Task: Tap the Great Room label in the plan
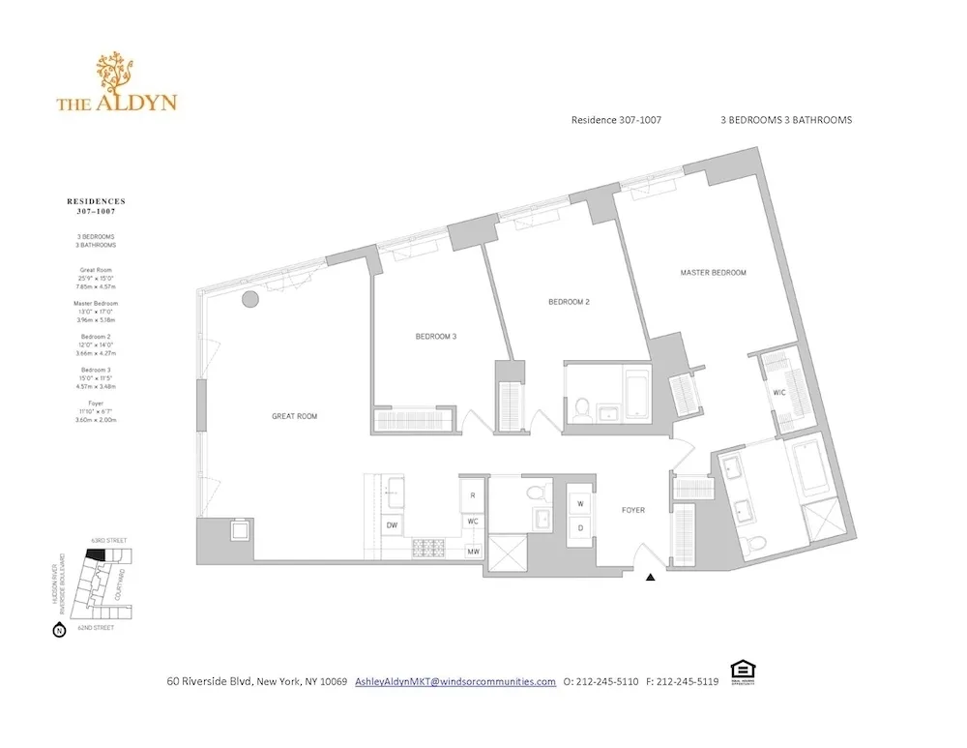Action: (x=294, y=416)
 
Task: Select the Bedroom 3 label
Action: (x=435, y=336)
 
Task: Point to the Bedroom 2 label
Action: (x=569, y=302)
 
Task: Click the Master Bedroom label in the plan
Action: (x=713, y=273)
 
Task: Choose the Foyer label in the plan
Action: (x=633, y=510)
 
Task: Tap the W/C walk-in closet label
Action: (x=779, y=392)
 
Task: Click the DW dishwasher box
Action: (x=393, y=525)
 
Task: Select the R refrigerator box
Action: (x=472, y=494)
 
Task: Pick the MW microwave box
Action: (x=473, y=552)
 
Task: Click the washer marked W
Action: (x=581, y=504)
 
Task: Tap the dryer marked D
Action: (x=581, y=528)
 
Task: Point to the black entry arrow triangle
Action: (x=651, y=578)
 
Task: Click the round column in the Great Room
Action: (x=250, y=298)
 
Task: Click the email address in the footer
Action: (x=455, y=681)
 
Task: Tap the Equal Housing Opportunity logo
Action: (x=743, y=671)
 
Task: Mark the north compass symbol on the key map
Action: (x=58, y=631)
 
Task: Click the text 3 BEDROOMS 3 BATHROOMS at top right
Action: (x=785, y=121)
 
